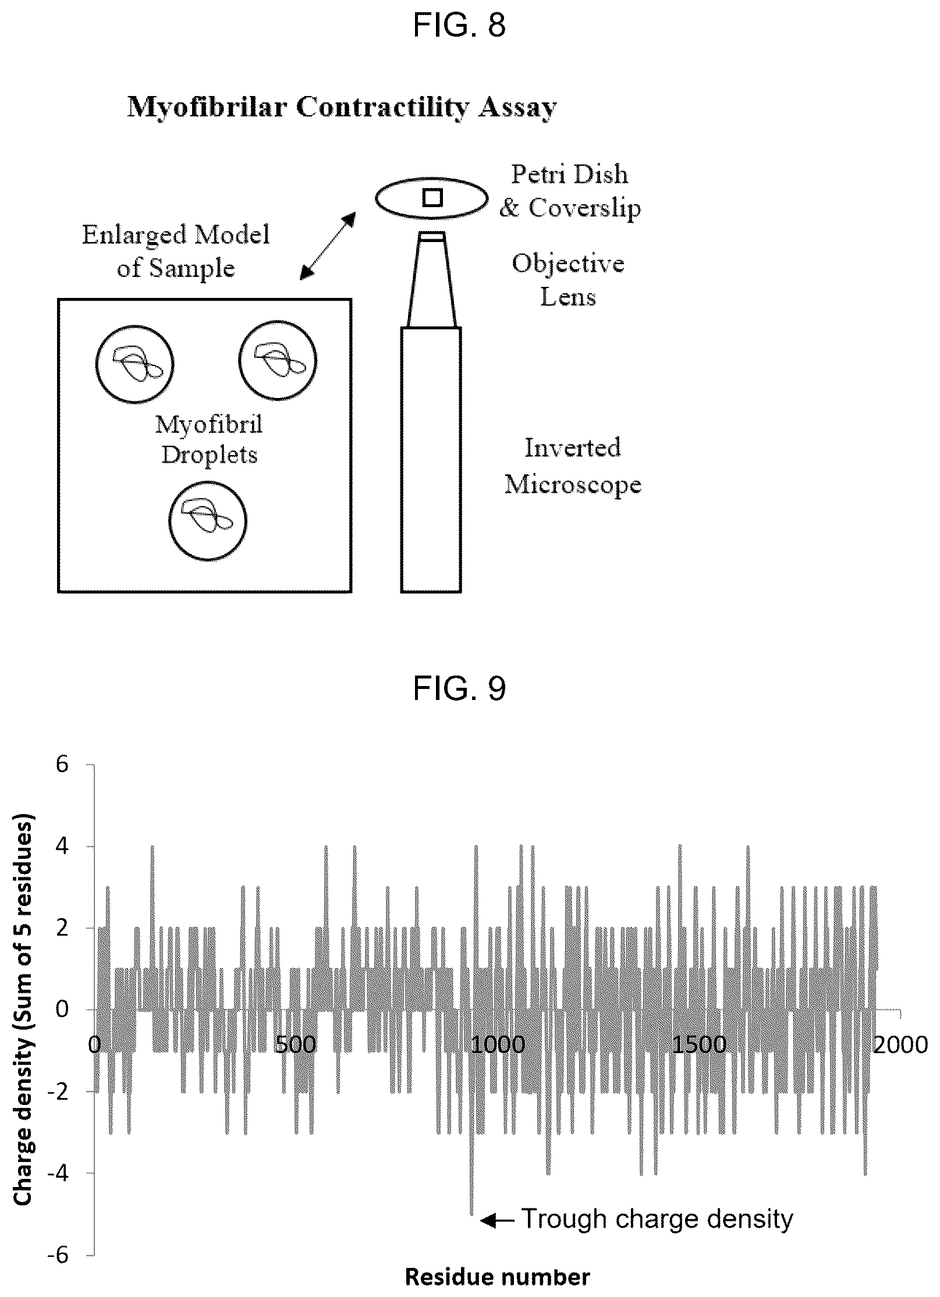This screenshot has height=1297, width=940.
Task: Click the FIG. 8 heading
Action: tap(459, 26)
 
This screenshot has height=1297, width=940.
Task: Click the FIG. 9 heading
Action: tap(459, 690)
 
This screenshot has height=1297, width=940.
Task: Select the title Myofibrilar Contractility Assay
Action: tap(342, 108)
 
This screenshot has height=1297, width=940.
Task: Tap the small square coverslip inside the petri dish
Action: tap(432, 198)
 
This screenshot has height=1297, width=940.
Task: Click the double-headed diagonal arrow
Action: tap(328, 246)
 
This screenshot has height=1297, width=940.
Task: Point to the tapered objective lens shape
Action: tap(432, 280)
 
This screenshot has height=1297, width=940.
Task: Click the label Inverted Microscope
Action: tap(573, 467)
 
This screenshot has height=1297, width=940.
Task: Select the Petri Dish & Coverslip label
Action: tap(570, 191)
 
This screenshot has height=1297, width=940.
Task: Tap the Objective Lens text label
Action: tap(568, 280)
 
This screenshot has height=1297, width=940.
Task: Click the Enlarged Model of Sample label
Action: tap(176, 251)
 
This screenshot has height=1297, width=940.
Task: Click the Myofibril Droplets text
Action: tap(209, 439)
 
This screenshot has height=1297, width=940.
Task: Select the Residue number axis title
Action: tap(498, 1277)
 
